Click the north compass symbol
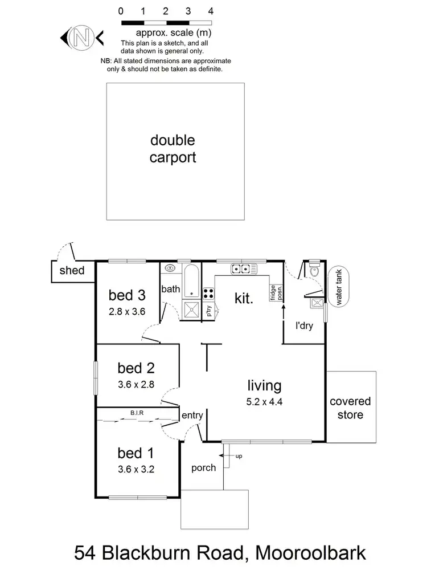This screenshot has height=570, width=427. tap(81, 38)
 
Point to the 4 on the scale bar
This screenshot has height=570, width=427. tap(211, 11)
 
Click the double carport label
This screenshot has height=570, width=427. tap(172, 149)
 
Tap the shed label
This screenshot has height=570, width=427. tap(72, 270)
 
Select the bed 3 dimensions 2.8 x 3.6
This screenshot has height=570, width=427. tap(128, 311)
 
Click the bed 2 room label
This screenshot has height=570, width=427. tap(136, 367)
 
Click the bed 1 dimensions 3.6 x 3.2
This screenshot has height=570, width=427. tap(136, 470)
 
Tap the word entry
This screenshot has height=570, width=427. tap(192, 416)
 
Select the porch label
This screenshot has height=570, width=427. tap(203, 468)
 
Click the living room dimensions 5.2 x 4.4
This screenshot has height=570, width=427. tap(264, 401)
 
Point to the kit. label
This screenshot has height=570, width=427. tap(244, 298)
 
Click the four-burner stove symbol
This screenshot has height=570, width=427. tap(208, 294)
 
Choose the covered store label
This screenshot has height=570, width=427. tap(350, 408)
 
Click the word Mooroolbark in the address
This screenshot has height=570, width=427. tap(294, 552)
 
